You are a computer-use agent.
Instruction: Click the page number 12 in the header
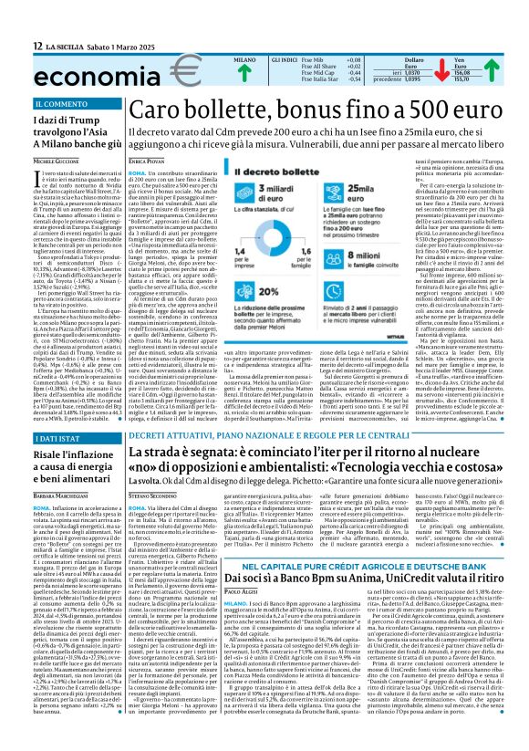coord(37,45)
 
